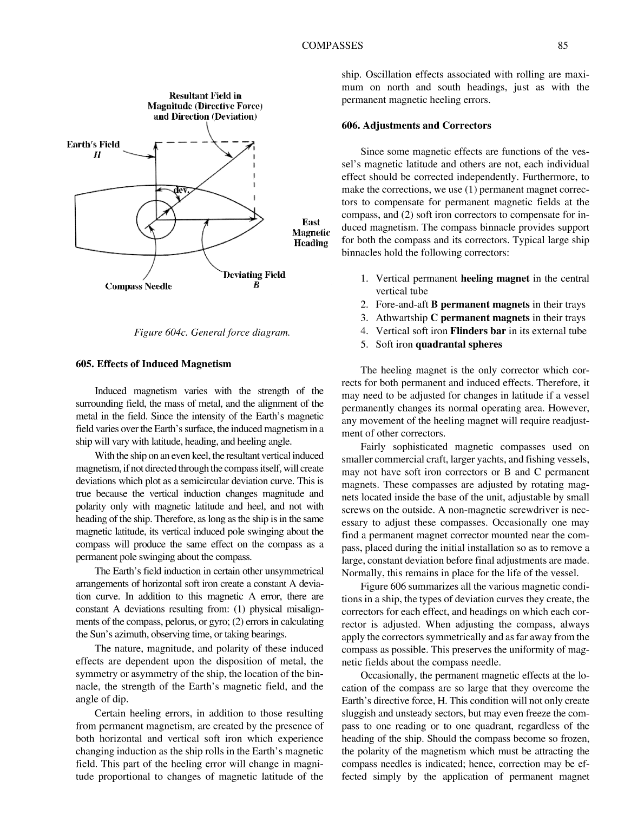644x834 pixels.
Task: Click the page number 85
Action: click(x=562, y=45)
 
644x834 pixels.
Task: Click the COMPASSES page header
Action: click(x=332, y=45)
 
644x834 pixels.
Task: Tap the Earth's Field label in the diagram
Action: click(x=93, y=145)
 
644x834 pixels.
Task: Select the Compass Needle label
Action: click(x=139, y=286)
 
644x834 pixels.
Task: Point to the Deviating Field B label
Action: click(x=254, y=279)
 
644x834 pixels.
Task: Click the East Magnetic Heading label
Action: click(x=311, y=232)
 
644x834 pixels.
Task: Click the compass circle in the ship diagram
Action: click(x=156, y=219)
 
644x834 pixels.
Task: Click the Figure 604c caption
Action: click(x=212, y=333)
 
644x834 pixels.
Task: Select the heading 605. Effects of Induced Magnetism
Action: click(x=153, y=364)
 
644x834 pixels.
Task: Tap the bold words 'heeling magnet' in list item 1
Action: click(x=495, y=278)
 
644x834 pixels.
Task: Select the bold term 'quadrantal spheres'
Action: click(x=458, y=344)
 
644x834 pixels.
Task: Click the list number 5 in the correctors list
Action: click(x=365, y=344)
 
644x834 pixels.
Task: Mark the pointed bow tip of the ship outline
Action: click(x=264, y=219)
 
